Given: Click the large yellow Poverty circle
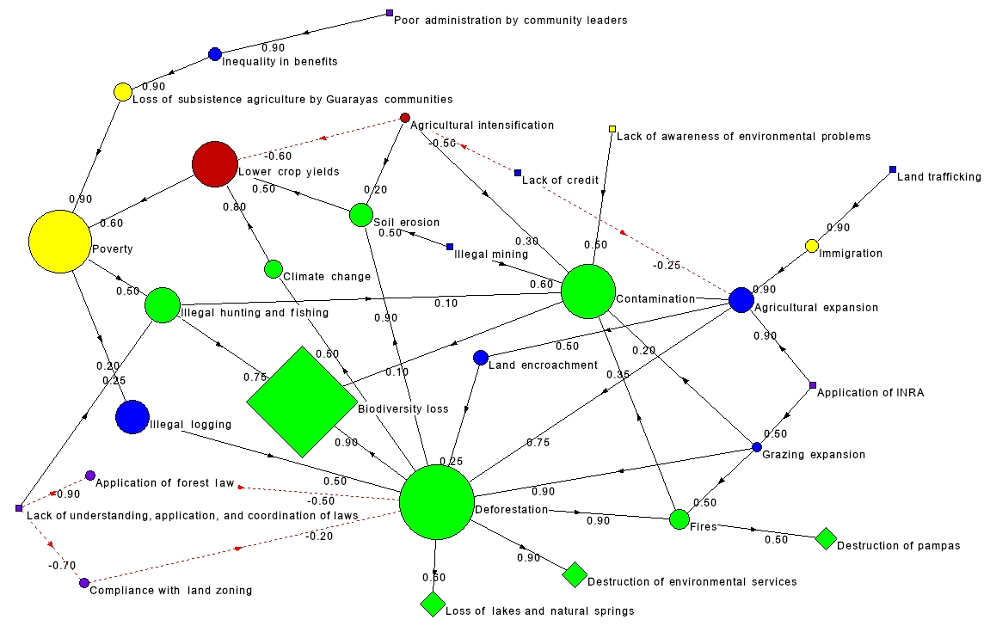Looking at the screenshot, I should [x=59, y=242].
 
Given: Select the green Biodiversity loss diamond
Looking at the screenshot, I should [x=302, y=402].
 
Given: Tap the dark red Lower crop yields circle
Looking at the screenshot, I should [x=214, y=163].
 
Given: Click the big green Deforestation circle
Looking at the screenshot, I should [x=437, y=502].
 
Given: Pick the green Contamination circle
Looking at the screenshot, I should [x=588, y=292].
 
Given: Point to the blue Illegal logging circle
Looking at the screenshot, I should [x=132, y=417].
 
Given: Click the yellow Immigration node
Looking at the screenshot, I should [x=811, y=247].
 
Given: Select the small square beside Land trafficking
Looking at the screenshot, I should [x=893, y=170].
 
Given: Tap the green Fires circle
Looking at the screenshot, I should [x=679, y=519].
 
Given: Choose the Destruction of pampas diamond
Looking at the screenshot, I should [x=826, y=539].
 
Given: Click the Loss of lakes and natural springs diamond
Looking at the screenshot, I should [x=433, y=604].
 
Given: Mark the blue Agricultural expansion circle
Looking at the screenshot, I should [x=741, y=300].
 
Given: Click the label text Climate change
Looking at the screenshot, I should [x=328, y=276].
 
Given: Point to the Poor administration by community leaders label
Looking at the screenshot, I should [x=510, y=20].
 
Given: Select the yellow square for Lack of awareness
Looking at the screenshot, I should [x=612, y=130].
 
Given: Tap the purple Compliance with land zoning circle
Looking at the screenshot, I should [x=84, y=583].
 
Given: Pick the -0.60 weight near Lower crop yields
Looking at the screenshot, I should [x=278, y=156].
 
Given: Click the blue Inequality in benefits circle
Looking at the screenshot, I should [x=215, y=54].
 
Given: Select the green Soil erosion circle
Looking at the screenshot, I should [x=360, y=215].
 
